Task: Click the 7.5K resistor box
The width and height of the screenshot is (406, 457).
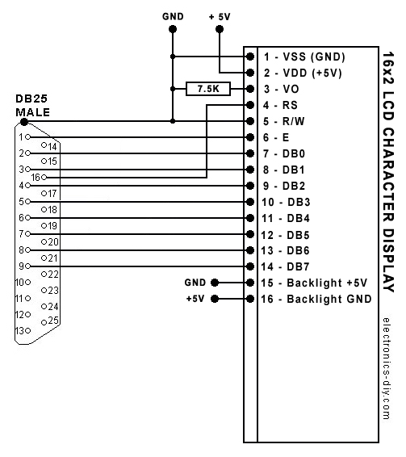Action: [208, 89]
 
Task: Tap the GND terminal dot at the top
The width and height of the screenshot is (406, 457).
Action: [173, 29]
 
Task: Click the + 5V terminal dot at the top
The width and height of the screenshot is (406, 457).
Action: [220, 29]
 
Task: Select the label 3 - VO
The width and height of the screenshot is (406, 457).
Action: [281, 89]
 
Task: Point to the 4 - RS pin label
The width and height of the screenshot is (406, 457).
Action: [280, 105]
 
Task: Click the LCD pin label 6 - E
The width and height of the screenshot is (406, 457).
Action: [276, 137]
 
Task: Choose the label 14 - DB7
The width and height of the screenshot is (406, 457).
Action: [285, 266]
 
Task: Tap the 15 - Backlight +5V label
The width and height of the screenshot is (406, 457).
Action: [314, 283]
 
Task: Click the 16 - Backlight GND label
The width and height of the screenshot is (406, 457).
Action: [316, 299]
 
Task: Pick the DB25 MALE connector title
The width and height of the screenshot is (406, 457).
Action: [32, 105]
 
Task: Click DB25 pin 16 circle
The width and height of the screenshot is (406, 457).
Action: [44, 177]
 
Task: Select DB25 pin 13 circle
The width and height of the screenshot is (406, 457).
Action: [27, 330]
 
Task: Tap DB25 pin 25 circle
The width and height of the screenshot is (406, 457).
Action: [44, 322]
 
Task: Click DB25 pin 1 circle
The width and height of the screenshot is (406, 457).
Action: [27, 137]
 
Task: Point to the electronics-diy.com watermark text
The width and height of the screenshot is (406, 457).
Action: [387, 368]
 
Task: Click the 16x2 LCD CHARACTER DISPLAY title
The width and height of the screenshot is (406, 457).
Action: [388, 172]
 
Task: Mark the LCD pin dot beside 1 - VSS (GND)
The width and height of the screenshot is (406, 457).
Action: [250, 57]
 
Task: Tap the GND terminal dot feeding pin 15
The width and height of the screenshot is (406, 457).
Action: [215, 283]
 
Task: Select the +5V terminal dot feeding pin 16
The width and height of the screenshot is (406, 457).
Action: [215, 299]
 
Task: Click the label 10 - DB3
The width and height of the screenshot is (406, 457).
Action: [286, 202]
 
